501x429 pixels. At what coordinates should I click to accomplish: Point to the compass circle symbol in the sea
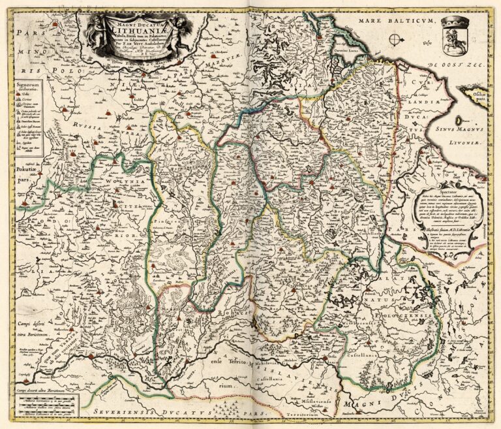[395, 40]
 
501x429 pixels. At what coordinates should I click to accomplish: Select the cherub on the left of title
[97, 31]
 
